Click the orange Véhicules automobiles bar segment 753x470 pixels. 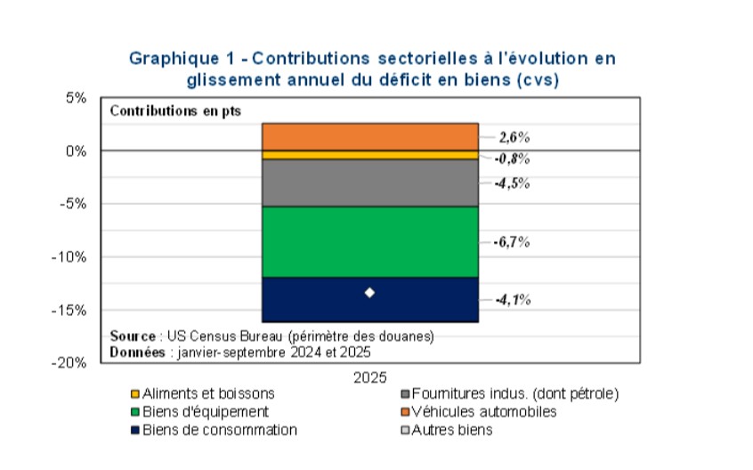tap(369, 136)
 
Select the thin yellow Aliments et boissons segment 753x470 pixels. tap(369, 155)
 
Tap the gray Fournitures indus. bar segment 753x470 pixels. tap(369, 182)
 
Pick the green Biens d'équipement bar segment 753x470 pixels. tap(369, 241)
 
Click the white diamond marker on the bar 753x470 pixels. tap(369, 293)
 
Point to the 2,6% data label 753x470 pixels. tap(514, 137)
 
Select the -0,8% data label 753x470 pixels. tap(513, 159)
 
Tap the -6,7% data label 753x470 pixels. tap(513, 241)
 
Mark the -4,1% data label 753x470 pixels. tap(513, 300)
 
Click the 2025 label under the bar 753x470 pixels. tap(369, 378)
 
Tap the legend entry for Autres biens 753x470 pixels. tap(454, 431)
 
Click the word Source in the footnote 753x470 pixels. tap(132, 336)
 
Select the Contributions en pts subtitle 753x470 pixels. tap(174, 111)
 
